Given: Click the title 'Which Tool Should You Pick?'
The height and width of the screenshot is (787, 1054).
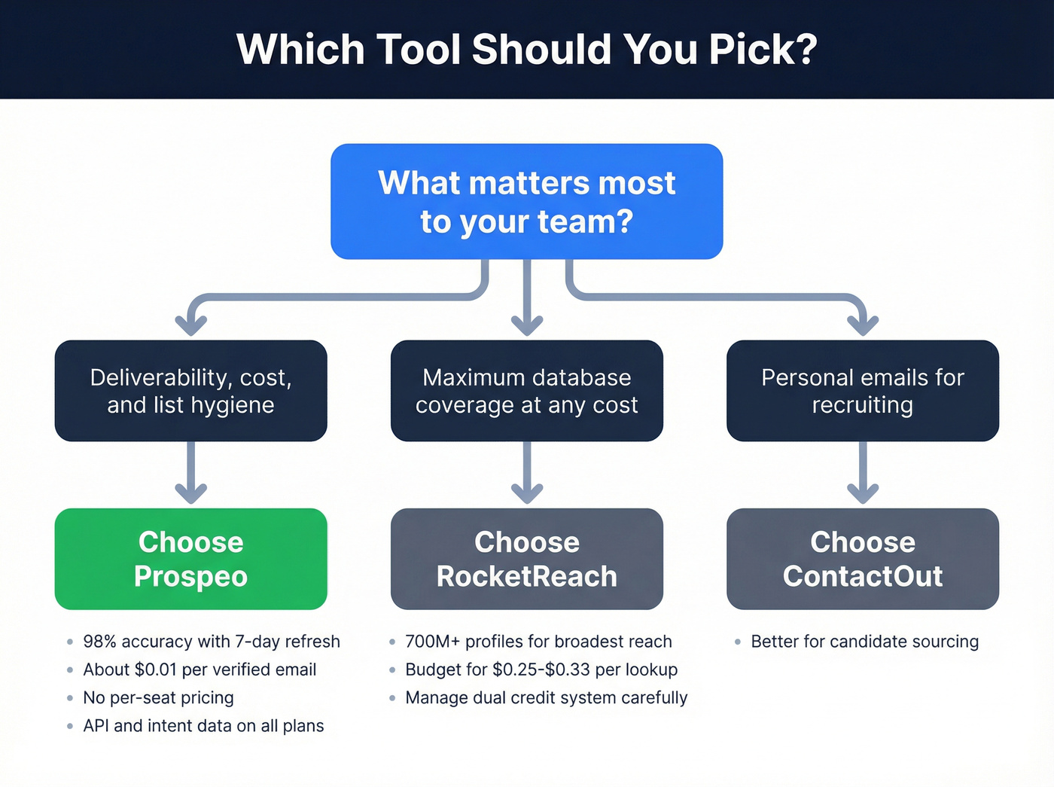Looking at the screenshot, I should pos(527,50).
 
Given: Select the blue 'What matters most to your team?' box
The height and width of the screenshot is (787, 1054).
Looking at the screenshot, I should pos(527,202).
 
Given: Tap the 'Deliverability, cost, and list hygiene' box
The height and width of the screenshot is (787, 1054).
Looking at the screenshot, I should pos(191,391).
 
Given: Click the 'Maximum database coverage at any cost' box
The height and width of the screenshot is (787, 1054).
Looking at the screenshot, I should pos(527,391).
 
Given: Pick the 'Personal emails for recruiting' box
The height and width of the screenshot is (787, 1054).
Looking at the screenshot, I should pos(863,391).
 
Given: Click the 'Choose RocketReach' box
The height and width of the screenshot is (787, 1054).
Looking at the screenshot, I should pos(527,559).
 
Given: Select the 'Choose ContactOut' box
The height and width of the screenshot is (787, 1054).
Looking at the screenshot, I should pos(863,559).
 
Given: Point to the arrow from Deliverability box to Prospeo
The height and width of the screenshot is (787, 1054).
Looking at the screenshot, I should pos(191,474).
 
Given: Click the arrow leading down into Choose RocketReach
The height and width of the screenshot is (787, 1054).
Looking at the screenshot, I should pos(527,474).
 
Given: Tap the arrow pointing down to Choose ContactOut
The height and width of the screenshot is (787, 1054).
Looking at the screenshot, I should pos(863,474).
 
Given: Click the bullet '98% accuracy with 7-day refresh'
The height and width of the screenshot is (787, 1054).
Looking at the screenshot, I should pos(212,642).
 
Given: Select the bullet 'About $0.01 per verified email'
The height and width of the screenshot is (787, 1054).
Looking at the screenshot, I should pos(200,670).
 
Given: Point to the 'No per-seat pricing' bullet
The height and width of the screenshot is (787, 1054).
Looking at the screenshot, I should pos(158,698).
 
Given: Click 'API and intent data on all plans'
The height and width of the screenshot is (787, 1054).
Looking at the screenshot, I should pos(203,726).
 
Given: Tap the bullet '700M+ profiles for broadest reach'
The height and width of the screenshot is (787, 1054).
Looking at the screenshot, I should pos(538,642).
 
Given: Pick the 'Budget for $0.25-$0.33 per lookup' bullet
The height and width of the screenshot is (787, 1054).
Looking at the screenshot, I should pos(541,670).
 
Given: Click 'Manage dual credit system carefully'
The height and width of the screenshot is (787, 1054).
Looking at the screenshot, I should pos(547,698).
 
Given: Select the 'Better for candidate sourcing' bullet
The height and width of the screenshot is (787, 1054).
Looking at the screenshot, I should pos(865,642).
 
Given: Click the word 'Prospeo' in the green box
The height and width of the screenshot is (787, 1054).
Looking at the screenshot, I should pos(191,577).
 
